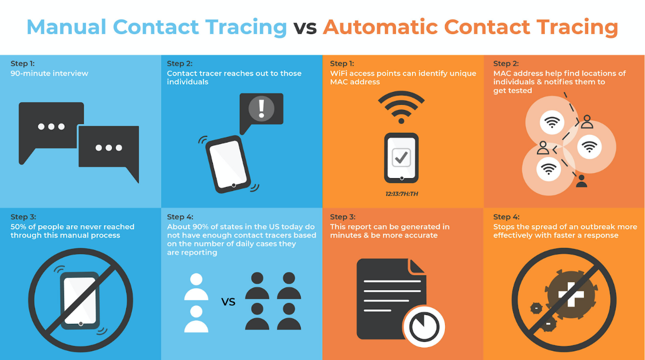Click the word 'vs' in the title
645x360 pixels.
(304, 27)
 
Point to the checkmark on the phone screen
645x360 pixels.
(401, 156)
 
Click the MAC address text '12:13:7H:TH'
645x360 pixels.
(402, 194)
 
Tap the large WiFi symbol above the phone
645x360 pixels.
(401, 108)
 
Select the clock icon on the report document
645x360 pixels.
(424, 326)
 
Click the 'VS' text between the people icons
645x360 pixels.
(228, 302)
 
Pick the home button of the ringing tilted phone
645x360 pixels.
(234, 185)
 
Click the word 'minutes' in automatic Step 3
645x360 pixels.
(345, 236)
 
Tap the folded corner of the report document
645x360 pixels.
(417, 267)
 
